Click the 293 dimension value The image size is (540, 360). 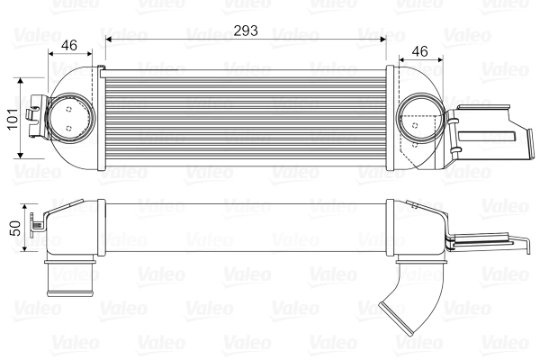coord(245,30)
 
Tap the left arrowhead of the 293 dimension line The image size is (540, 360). coord(109,39)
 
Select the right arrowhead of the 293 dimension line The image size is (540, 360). coord(382,39)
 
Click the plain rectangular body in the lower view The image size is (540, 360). coord(245,229)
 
